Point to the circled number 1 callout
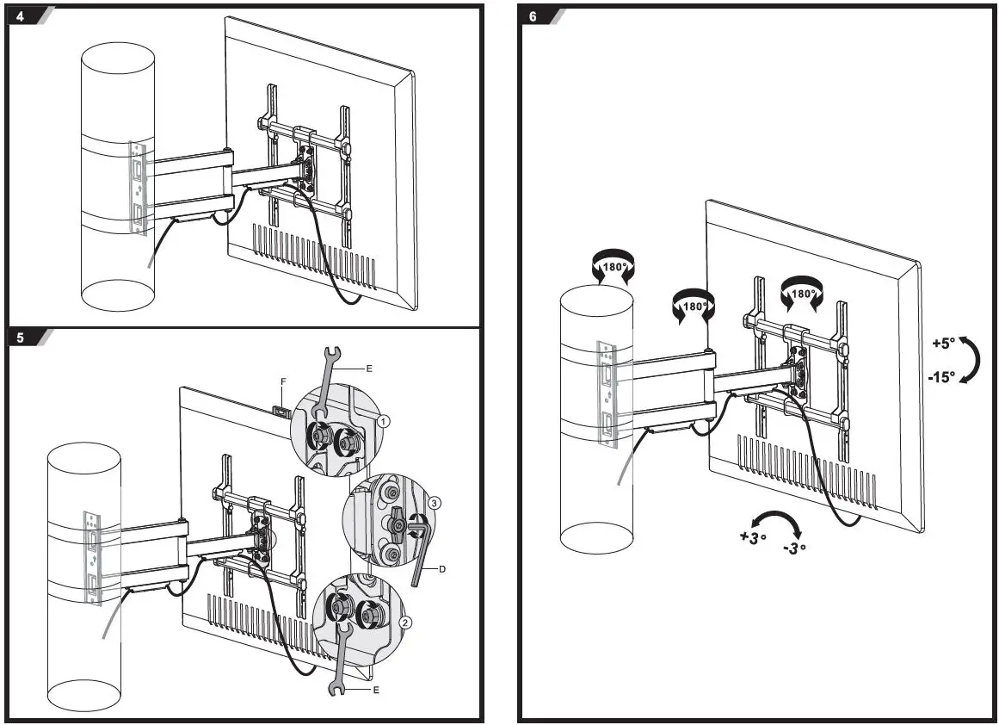[384, 420]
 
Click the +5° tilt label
[943, 343]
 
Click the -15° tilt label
[941, 376]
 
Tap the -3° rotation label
[794, 548]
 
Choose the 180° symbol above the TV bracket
[802, 293]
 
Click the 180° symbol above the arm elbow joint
[694, 307]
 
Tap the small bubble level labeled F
[280, 408]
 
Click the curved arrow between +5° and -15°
[972, 359]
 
